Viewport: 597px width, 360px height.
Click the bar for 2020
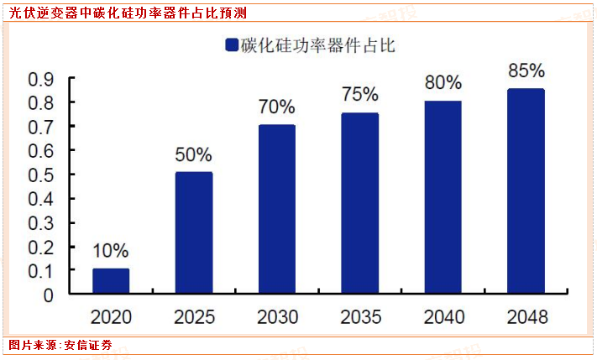(111, 282)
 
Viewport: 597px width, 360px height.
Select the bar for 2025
(193, 233)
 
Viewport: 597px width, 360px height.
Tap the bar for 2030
(276, 210)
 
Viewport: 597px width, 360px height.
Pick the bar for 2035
(359, 204)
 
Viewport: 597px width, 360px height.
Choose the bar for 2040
(443, 198)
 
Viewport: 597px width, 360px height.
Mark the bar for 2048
(526, 192)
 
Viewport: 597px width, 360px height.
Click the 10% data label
(111, 250)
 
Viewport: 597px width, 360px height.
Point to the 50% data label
(193, 154)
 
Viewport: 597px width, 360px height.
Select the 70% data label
(276, 107)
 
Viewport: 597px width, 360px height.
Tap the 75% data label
(359, 94)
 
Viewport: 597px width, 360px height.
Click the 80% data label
(443, 82)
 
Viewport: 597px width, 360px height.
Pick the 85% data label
(526, 70)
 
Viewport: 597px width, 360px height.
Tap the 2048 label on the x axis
(526, 317)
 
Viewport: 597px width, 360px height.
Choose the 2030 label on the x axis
(276, 317)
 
